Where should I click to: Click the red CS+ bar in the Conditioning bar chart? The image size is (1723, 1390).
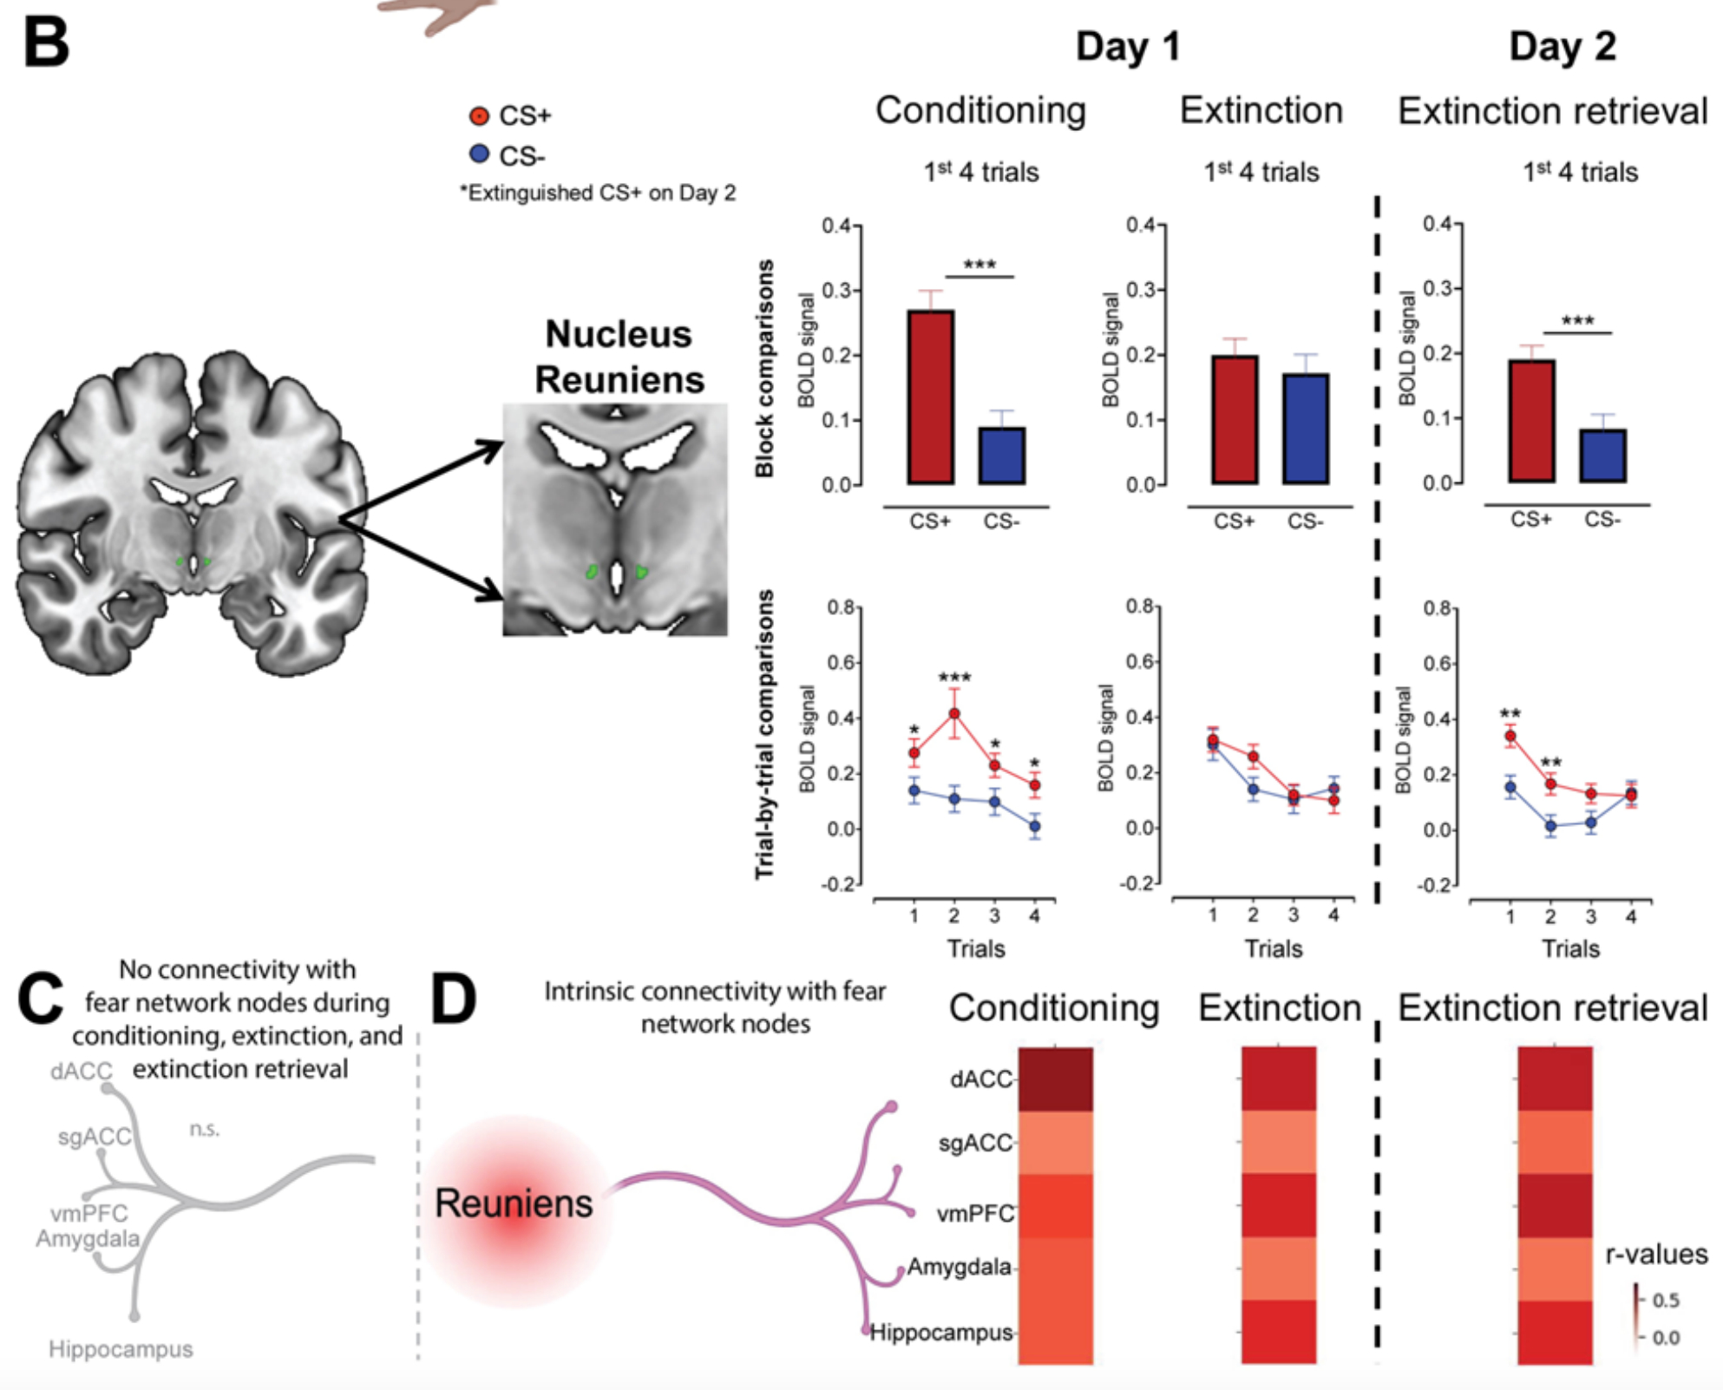(x=930, y=397)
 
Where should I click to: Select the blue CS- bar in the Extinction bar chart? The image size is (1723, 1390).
(x=1305, y=429)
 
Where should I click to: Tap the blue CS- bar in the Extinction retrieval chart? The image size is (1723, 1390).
(x=1602, y=456)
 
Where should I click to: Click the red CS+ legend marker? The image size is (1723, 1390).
(x=479, y=115)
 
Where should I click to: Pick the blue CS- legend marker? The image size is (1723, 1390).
(x=479, y=154)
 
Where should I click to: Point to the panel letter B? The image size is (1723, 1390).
(x=45, y=43)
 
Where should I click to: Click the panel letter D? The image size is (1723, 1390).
(x=453, y=1000)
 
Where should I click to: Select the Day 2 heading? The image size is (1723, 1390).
(x=1562, y=46)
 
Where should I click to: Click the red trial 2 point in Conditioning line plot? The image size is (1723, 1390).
(x=954, y=714)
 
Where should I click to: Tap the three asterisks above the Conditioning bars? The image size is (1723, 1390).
(x=979, y=265)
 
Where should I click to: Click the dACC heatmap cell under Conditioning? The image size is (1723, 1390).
(x=1055, y=1079)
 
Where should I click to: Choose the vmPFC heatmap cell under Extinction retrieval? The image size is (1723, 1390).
(x=1555, y=1206)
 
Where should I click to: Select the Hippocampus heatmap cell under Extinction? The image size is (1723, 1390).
(x=1279, y=1332)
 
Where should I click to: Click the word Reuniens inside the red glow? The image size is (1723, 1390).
(x=514, y=1203)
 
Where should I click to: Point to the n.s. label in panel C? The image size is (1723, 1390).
(x=205, y=1129)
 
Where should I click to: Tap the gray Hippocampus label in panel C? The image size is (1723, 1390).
(x=121, y=1349)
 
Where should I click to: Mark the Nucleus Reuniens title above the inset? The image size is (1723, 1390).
(x=618, y=357)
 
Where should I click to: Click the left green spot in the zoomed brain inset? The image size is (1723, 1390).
(x=592, y=572)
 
